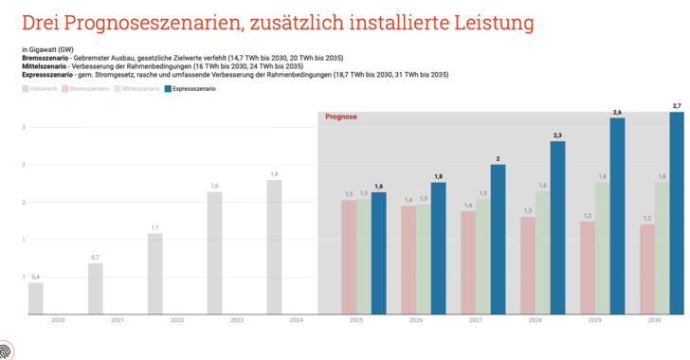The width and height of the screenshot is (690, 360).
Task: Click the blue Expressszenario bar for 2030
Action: pyautogui.click(x=677, y=213)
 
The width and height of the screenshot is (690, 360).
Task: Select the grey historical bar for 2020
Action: pyautogui.click(x=35, y=297)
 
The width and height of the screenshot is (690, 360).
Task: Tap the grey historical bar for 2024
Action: pyautogui.click(x=274, y=246)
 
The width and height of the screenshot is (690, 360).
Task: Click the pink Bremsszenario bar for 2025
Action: pyautogui.click(x=349, y=256)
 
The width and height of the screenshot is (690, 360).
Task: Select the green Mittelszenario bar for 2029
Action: pyautogui.click(x=602, y=247)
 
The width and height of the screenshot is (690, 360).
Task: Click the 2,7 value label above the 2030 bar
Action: pyautogui.click(x=676, y=105)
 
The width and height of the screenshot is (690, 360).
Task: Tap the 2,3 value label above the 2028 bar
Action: pyautogui.click(x=557, y=135)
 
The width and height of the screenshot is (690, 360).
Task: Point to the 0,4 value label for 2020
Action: pyautogui.click(x=35, y=277)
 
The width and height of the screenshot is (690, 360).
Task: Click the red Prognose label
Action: pyautogui.click(x=340, y=118)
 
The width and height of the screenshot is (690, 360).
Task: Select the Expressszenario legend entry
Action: pyautogui.click(x=193, y=89)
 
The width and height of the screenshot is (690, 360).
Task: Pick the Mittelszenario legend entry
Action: pyautogui.click(x=137, y=89)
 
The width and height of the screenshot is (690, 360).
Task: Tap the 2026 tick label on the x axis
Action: pyautogui.click(x=416, y=321)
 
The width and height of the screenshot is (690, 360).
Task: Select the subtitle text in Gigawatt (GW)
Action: pyautogui.click(x=48, y=48)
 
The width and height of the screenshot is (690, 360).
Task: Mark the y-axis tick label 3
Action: pyautogui.click(x=22, y=127)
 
